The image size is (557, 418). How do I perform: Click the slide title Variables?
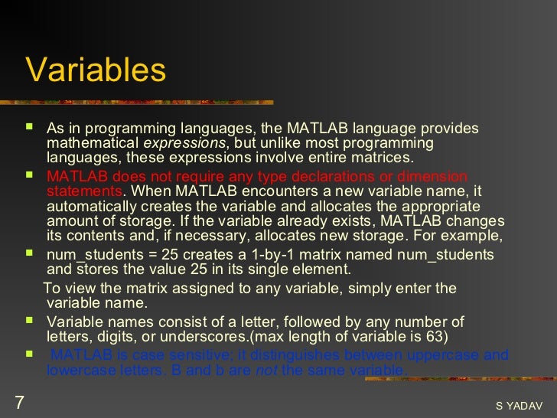coord(96,70)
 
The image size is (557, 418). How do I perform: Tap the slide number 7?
coord(19,401)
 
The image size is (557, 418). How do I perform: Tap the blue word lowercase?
coord(80,371)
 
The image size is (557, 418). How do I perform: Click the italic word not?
coord(266,371)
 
